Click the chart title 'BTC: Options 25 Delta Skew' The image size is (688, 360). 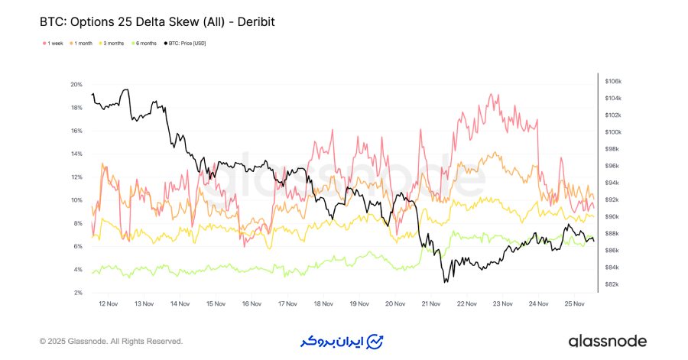pos(157,22)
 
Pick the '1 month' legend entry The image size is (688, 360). pos(82,43)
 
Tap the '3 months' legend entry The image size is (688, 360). pos(114,43)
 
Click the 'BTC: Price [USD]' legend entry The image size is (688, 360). pos(186,43)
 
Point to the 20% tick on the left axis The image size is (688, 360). pos(76,84)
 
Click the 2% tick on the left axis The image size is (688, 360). pos(77,293)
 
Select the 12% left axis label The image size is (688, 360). pos(76,177)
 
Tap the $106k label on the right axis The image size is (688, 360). pos(613,81)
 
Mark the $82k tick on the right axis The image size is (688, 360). pos(612,284)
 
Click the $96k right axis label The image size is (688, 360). pos(612,166)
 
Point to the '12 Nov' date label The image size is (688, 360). pos(108,303)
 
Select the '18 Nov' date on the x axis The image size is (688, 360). pos(323,303)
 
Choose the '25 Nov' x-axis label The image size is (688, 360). pos(574,303)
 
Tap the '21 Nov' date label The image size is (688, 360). pos(430,303)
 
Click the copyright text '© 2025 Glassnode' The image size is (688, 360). pos(111,341)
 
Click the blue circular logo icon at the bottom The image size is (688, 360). pos(376,341)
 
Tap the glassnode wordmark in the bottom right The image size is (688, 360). pos(607,341)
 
